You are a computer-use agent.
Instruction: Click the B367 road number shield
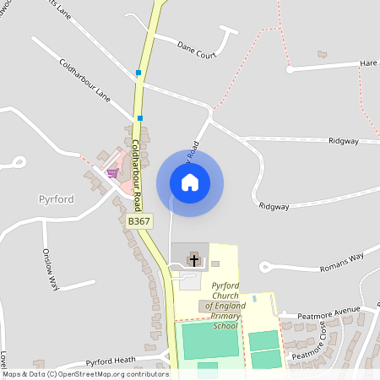click(x=138, y=221)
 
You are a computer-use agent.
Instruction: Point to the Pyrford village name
click(x=57, y=199)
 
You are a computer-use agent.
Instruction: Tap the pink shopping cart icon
click(x=112, y=172)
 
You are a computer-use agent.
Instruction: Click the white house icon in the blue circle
click(x=190, y=182)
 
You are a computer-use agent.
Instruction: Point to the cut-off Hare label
click(x=368, y=63)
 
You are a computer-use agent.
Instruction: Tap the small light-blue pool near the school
click(x=254, y=298)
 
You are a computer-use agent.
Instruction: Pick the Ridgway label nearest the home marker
click(x=274, y=205)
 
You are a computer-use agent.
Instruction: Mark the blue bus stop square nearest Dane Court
click(x=138, y=73)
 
